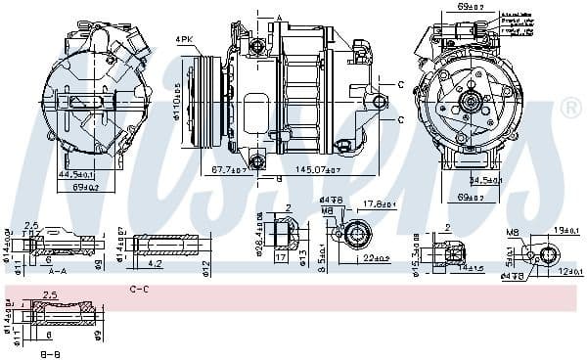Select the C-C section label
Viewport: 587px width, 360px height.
tap(140, 290)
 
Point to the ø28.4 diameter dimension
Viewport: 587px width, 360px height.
tap(258, 236)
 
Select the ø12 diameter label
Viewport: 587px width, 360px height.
tap(207, 267)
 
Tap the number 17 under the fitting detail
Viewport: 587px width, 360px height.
tap(281, 260)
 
